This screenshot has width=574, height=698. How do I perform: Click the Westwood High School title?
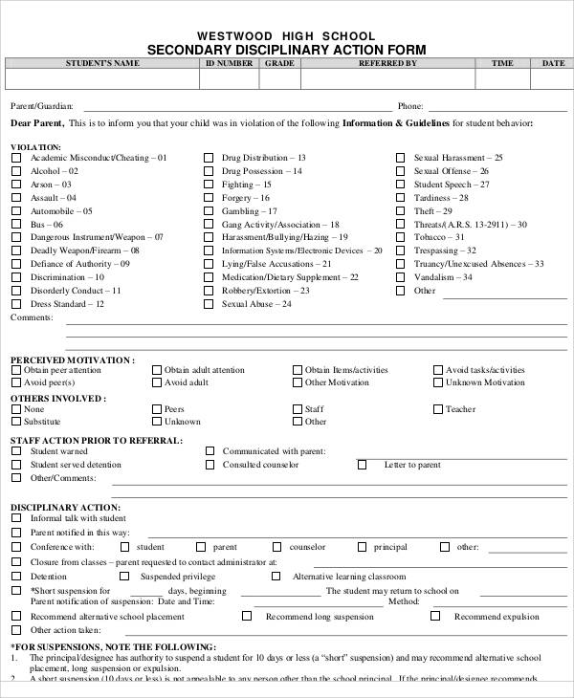click(x=287, y=35)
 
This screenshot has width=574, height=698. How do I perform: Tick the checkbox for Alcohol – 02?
click(x=15, y=171)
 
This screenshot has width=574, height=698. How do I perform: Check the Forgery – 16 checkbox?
click(x=208, y=198)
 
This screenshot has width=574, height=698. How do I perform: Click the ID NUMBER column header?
click(x=229, y=63)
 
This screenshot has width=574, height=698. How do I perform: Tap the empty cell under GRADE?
click(x=279, y=80)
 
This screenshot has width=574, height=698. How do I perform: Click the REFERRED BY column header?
click(x=386, y=63)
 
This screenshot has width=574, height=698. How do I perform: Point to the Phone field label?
click(x=410, y=106)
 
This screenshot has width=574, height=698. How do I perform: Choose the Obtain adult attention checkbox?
click(x=156, y=369)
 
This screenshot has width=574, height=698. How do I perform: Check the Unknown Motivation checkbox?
click(x=437, y=382)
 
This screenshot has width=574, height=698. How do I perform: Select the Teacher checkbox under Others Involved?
click(x=437, y=409)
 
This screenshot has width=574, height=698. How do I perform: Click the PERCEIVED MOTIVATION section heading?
click(x=72, y=360)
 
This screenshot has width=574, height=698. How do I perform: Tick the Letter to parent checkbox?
click(x=362, y=465)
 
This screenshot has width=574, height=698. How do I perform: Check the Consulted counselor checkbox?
click(x=208, y=465)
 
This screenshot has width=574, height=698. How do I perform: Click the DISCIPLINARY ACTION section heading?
click(x=65, y=507)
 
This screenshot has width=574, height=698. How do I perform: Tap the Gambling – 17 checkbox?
click(x=208, y=211)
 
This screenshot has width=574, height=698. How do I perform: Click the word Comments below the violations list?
click(x=31, y=316)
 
